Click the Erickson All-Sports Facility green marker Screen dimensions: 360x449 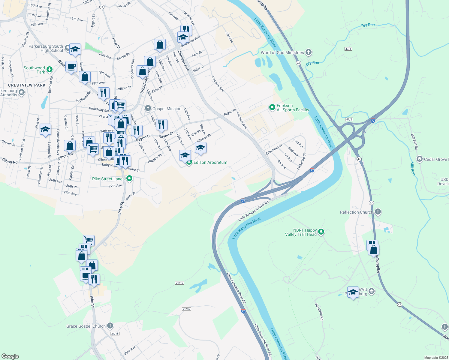(x=272, y=107)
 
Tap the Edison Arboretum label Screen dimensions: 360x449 (x=210, y=162)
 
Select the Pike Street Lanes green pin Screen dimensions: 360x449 (x=129, y=179)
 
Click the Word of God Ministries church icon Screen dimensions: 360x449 (x=308, y=52)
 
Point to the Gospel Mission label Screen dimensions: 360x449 (x=167, y=109)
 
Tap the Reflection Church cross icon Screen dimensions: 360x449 (x=378, y=212)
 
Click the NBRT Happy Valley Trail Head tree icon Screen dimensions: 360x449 (x=321, y=232)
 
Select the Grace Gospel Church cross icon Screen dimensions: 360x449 (x=110, y=326)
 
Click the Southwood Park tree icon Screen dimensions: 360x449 (x=50, y=70)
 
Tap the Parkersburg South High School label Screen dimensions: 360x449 (x=46, y=48)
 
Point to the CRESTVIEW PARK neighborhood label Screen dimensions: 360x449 (x=27, y=85)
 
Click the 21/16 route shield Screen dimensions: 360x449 (x=186, y=309)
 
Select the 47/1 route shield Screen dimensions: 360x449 (x=348, y=49)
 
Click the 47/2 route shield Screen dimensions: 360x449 (x=349, y=119)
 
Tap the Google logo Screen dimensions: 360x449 (x=10, y=356)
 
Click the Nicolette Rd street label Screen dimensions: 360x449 (x=319, y=311)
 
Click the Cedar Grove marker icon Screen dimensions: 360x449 (x=419, y=159)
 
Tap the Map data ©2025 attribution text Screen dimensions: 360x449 (x=435, y=358)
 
